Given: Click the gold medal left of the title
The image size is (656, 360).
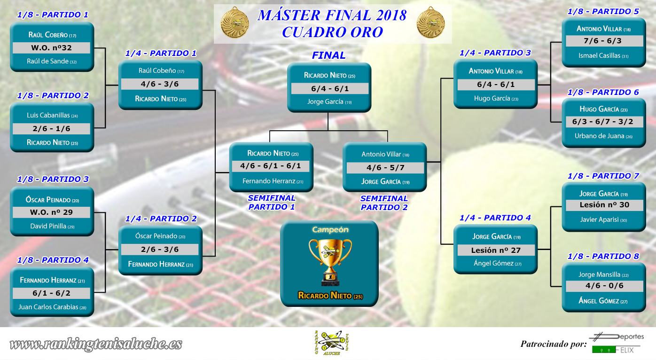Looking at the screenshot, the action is (234, 23).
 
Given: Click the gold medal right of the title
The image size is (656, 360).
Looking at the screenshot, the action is (430, 23).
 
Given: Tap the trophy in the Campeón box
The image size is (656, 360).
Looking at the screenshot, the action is (330, 262).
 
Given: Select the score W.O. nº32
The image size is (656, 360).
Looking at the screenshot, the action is (51, 48).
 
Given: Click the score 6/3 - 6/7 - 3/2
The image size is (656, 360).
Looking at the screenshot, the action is (602, 122).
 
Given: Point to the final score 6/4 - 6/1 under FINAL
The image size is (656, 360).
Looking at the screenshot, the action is (330, 88).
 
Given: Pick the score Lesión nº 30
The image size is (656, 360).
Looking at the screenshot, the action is (604, 205).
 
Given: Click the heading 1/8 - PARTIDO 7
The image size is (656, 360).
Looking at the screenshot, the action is (603, 176).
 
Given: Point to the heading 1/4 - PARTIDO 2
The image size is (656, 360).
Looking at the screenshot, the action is (161, 219).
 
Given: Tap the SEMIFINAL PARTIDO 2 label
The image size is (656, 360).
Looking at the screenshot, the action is (384, 203).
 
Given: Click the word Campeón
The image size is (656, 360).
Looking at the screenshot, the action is (330, 229).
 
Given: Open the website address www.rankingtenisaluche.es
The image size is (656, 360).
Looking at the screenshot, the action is (96, 344).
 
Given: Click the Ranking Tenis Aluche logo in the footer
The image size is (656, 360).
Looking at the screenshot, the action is (331, 343).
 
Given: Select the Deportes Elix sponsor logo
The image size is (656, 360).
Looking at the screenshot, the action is (617, 343).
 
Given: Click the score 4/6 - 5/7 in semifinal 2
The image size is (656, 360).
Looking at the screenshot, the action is (385, 168).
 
